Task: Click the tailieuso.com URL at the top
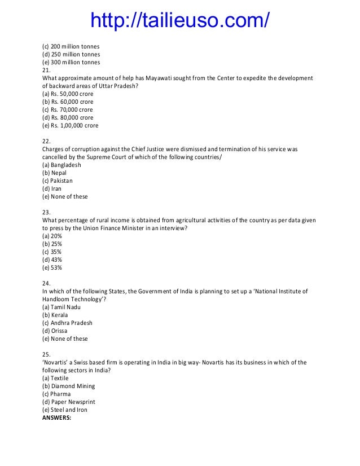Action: (180, 20)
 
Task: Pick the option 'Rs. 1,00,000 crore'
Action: (71, 125)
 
